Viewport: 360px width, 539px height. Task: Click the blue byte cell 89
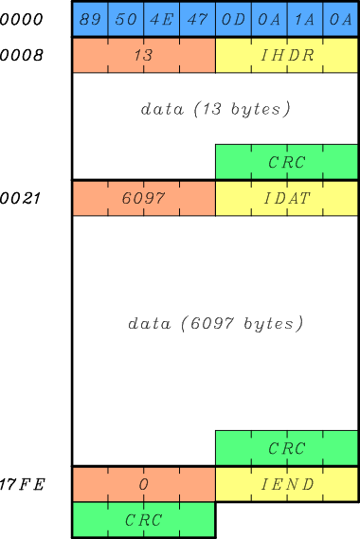click(91, 20)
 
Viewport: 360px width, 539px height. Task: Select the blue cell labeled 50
click(126, 20)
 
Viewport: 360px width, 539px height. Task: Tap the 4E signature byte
click(162, 20)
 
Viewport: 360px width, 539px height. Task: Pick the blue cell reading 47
click(197, 20)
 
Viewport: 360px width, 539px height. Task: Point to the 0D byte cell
click(233, 20)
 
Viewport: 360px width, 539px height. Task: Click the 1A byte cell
click(304, 20)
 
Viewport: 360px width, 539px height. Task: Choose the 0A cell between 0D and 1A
click(269, 20)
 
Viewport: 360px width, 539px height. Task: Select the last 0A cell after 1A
click(340, 20)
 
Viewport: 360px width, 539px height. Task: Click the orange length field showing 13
click(144, 56)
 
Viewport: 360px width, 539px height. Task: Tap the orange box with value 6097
click(144, 199)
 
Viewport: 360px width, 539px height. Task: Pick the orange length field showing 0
click(144, 484)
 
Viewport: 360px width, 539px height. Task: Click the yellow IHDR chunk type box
click(287, 56)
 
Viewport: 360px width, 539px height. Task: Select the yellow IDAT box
click(287, 199)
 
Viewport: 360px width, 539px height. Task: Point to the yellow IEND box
click(287, 484)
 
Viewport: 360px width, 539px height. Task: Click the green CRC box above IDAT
click(287, 162)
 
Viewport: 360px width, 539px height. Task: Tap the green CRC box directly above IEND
click(287, 448)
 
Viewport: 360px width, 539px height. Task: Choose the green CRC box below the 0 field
click(144, 520)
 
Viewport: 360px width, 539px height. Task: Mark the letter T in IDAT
click(307, 199)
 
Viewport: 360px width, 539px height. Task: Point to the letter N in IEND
click(294, 484)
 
